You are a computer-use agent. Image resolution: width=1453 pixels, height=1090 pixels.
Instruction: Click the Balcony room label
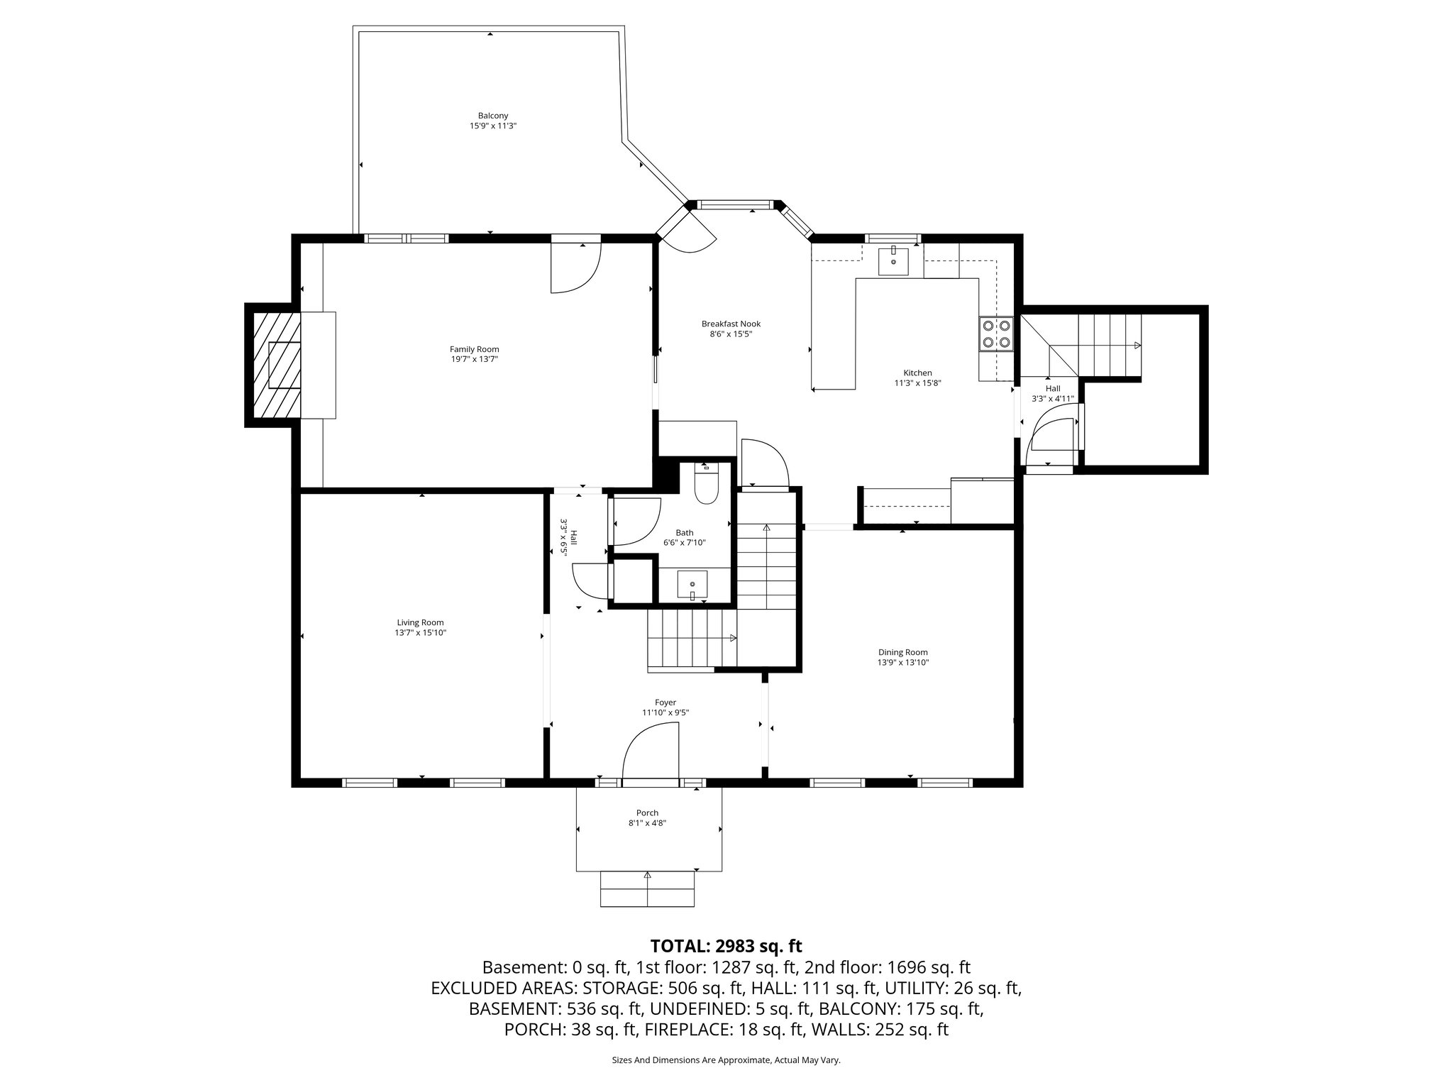492,116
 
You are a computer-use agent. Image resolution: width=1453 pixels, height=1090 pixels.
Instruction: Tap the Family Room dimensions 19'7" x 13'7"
474,359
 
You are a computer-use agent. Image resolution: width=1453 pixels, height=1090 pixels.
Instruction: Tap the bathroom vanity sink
692,585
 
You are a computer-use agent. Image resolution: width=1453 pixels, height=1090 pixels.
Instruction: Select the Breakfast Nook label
731,324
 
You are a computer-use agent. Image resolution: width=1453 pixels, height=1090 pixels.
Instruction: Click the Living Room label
420,622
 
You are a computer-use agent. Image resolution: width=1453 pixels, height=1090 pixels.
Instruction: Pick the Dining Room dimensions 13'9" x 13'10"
902,662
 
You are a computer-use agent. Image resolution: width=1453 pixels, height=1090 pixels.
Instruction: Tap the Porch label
647,813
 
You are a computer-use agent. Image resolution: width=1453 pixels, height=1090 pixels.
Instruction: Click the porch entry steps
647,889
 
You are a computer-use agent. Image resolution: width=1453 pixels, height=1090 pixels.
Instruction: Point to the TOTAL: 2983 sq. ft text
726,946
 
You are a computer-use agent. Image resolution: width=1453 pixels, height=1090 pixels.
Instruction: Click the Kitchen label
917,373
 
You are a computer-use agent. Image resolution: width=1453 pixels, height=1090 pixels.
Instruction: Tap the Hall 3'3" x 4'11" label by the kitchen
1052,393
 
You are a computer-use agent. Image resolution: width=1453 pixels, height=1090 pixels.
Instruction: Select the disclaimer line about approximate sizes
726,1060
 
